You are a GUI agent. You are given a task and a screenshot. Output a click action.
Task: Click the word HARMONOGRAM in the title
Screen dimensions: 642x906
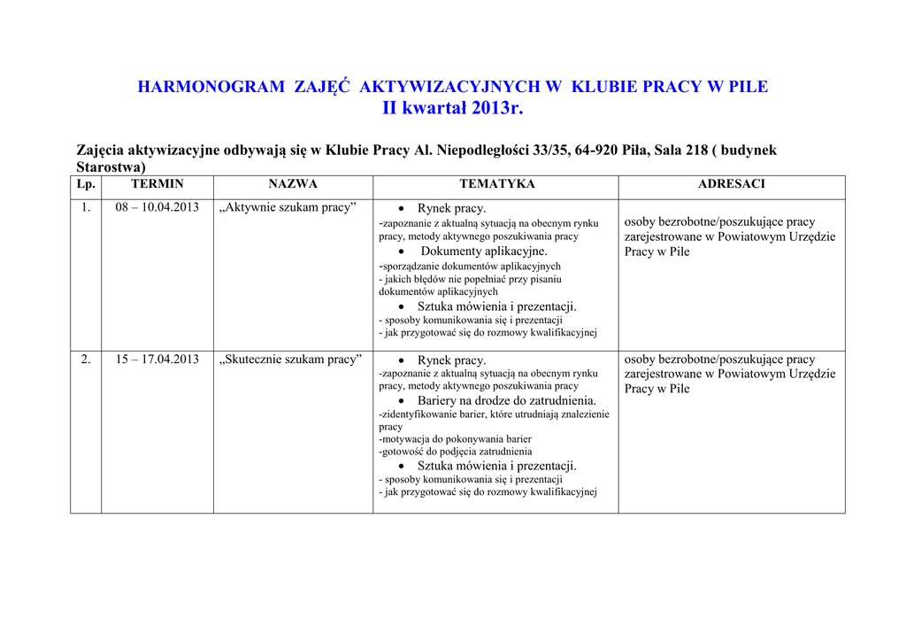pos(211,87)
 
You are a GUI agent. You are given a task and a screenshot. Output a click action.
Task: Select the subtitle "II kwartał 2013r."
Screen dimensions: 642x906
pos(453,109)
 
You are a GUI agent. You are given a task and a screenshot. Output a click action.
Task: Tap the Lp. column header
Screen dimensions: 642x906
pos(86,184)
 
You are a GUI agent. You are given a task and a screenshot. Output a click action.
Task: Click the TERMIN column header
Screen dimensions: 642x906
pos(157,184)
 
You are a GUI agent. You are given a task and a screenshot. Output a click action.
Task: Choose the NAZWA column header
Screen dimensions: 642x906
pos(293,184)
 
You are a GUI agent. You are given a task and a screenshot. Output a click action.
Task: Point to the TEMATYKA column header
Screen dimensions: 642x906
pos(496,184)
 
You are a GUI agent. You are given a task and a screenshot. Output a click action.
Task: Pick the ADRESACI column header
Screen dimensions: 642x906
pos(731,184)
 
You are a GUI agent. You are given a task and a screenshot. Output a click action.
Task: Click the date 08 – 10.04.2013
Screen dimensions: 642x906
pos(157,207)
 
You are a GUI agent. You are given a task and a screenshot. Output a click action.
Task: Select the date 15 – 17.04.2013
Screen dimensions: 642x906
pos(157,360)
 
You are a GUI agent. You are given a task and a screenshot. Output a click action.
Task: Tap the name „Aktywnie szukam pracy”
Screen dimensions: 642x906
pos(288,207)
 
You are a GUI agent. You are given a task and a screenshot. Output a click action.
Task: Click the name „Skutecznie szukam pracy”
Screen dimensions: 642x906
pos(291,360)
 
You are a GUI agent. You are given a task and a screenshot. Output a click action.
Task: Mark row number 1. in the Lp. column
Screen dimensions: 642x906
pos(86,207)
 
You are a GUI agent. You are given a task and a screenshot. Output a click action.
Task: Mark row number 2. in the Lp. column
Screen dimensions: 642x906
pos(86,360)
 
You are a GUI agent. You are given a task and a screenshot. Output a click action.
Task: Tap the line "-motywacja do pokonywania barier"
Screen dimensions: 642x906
pos(455,438)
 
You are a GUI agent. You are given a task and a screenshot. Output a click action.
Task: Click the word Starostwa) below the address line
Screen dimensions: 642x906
pos(111,167)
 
